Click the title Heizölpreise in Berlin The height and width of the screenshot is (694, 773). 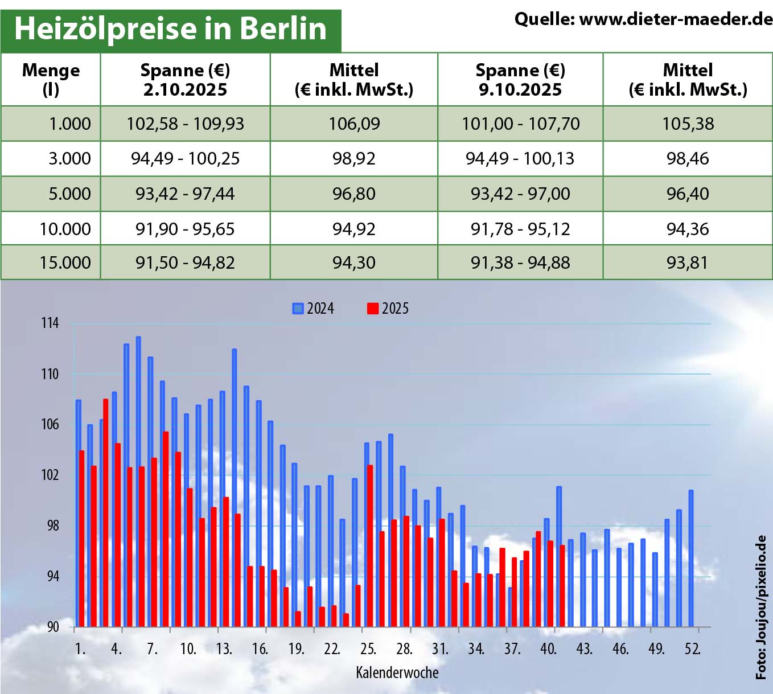point(170,28)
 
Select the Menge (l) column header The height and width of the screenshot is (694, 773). point(51,80)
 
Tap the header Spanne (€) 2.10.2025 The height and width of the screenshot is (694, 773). point(185,80)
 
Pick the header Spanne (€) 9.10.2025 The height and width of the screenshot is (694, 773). point(520,80)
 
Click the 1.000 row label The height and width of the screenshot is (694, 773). point(69,124)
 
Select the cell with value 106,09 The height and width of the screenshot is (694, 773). point(354,124)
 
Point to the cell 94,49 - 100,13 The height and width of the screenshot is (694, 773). point(520,158)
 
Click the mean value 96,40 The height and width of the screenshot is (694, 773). point(688,194)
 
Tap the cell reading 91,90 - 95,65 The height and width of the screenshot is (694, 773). point(185,229)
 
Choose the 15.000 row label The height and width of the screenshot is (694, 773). point(65,262)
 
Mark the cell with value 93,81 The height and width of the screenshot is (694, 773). point(688,262)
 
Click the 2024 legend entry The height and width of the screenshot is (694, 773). point(314,309)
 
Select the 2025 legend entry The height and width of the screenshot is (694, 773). point(388,309)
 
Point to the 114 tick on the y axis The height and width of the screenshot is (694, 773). point(50,323)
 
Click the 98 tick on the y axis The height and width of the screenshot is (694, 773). point(52,525)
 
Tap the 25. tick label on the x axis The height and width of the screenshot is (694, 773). point(368,648)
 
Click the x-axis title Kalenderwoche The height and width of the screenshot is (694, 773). point(397,672)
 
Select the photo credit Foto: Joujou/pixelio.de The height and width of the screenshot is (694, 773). point(761,607)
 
